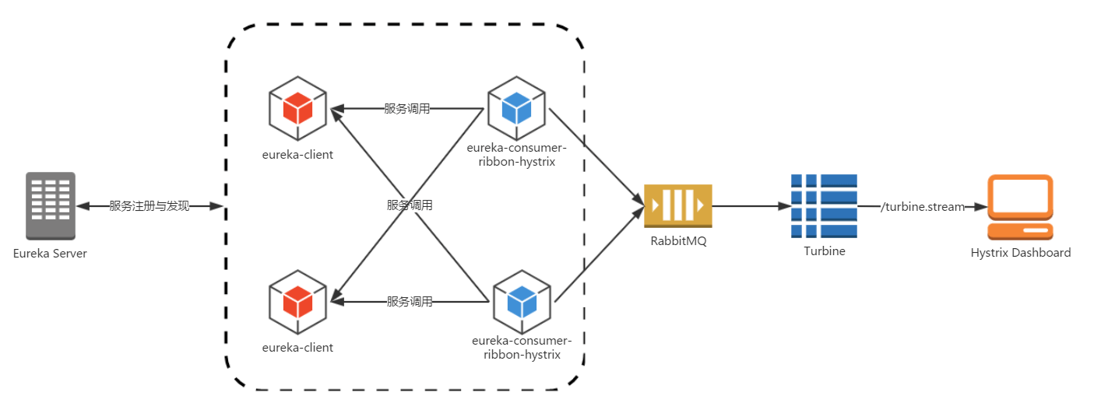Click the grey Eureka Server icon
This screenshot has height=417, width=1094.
[x=51, y=206]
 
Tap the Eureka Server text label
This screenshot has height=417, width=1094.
[x=50, y=254]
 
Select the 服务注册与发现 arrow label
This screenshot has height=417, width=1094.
[x=149, y=206]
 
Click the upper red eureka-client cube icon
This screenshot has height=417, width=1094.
[x=298, y=108]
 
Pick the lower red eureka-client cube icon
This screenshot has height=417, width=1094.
[x=298, y=302]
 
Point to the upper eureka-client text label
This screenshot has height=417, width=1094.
[x=297, y=155]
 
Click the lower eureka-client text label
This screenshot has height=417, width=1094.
[x=297, y=348]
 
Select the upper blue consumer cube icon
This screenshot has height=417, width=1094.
[x=517, y=108]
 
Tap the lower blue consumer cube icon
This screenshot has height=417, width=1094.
[x=522, y=302]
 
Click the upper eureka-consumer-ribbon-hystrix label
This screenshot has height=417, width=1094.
[x=517, y=155]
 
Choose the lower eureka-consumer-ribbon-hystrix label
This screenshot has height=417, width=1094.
[x=522, y=347]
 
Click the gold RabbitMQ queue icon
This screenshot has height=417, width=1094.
[x=678, y=206]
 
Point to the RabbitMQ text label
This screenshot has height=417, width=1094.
[x=678, y=241]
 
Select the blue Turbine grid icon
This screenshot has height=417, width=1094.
[x=824, y=206]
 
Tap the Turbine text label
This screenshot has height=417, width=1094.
[x=825, y=251]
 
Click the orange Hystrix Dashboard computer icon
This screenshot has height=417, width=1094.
[x=1020, y=207]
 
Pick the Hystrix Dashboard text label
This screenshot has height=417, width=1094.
[x=1021, y=253]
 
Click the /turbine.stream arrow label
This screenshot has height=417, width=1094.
[x=923, y=207]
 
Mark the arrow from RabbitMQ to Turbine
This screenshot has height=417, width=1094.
[x=751, y=206]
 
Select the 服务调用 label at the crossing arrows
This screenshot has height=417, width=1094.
[x=410, y=205]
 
